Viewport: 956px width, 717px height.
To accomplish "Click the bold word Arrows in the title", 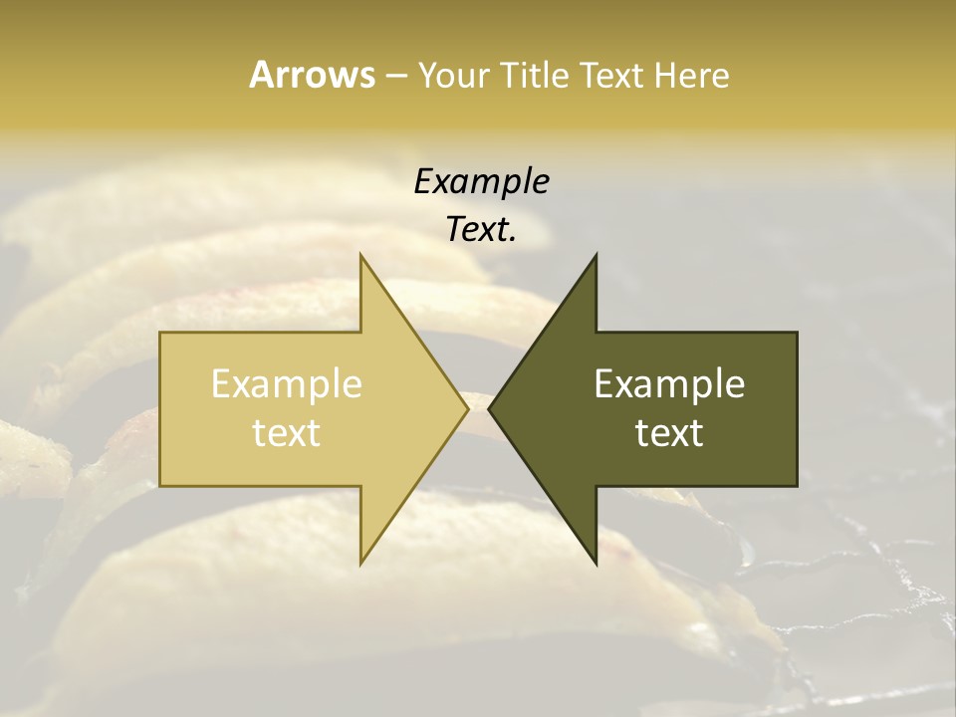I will [312, 75].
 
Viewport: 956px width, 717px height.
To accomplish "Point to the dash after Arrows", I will [395, 76].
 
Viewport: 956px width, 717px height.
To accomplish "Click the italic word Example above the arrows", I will [481, 181].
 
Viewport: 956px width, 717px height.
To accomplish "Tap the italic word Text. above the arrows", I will [481, 229].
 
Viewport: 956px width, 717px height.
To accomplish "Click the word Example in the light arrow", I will [287, 383].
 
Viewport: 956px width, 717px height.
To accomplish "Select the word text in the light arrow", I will [287, 432].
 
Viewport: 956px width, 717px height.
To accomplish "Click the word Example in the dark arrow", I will [669, 383].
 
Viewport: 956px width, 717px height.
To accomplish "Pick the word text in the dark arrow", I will [669, 432].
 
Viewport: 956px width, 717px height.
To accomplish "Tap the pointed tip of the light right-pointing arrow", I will [468, 409].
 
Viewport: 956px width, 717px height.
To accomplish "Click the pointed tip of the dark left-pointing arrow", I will [489, 409].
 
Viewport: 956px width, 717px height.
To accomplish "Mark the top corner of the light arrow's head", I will [361, 255].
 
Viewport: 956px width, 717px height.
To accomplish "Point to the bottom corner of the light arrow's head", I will [361, 564].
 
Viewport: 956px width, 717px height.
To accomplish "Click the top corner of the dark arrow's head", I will [596, 255].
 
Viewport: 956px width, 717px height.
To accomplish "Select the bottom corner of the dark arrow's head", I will [596, 564].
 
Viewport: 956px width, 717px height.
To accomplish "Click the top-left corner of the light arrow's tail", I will [160, 333].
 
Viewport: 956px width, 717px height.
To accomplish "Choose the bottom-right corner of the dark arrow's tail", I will [797, 486].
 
